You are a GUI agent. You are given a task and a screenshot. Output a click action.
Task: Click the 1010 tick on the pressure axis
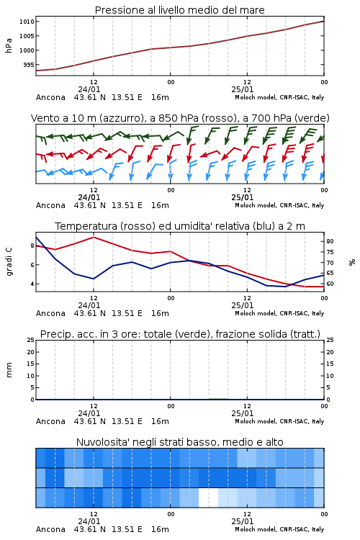click(27, 22)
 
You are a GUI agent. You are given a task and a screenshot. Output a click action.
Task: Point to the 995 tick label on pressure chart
click(29, 65)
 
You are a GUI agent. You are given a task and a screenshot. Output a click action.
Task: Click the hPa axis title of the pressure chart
click(9, 45)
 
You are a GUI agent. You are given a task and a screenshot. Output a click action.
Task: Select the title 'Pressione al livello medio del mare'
click(179, 10)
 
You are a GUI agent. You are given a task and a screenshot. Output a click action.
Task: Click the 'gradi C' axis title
click(9, 262)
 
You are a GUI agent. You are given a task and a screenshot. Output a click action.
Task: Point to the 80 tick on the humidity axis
click(330, 241)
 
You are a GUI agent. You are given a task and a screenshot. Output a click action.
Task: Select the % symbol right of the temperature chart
click(352, 262)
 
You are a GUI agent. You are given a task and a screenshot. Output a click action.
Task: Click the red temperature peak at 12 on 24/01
click(94, 237)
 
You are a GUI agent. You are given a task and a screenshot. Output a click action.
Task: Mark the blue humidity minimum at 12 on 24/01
click(94, 279)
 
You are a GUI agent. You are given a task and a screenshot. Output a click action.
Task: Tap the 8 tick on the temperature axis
click(32, 246)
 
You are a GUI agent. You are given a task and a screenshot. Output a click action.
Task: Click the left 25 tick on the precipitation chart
click(31, 340)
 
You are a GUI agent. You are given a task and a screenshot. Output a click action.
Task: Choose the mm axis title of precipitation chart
click(9, 369)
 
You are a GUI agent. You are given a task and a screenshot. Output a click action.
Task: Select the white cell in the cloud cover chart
click(208, 498)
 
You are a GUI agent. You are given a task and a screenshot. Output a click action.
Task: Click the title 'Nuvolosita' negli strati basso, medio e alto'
click(179, 442)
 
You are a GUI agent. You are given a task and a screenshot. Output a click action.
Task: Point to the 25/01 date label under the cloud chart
click(243, 521)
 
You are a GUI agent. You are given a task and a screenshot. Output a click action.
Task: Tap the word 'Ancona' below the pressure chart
click(50, 97)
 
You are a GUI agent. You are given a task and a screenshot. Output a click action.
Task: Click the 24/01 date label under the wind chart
click(89, 197)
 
